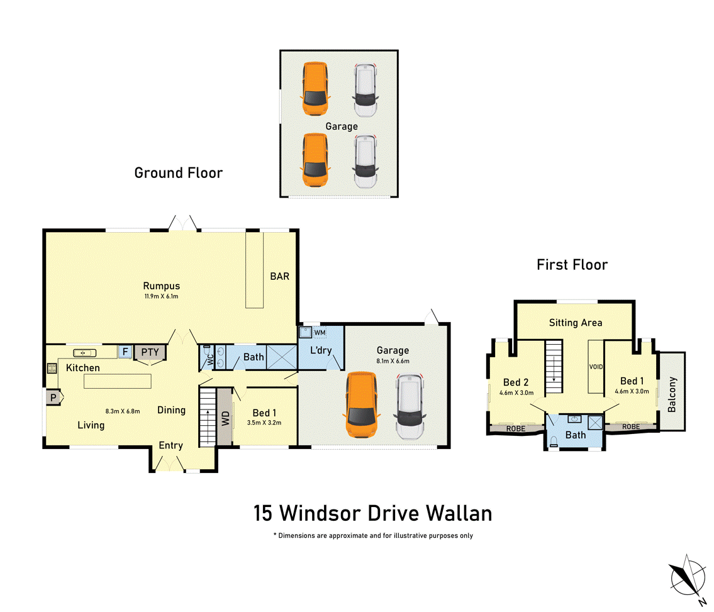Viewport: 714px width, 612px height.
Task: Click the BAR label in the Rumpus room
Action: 279,276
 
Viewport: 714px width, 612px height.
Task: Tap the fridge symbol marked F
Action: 125,352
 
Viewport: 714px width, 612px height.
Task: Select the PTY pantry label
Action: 150,352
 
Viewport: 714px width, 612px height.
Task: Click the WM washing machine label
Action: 320,331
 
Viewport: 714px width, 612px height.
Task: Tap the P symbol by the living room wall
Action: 52,398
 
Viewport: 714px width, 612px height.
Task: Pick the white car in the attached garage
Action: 410,408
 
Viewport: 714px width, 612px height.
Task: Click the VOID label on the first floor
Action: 595,366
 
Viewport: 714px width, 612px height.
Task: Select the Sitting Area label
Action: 575,323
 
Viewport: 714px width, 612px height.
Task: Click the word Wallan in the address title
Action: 459,513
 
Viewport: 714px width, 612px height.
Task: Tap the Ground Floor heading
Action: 178,172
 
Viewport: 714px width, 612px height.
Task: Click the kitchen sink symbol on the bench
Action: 84,352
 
